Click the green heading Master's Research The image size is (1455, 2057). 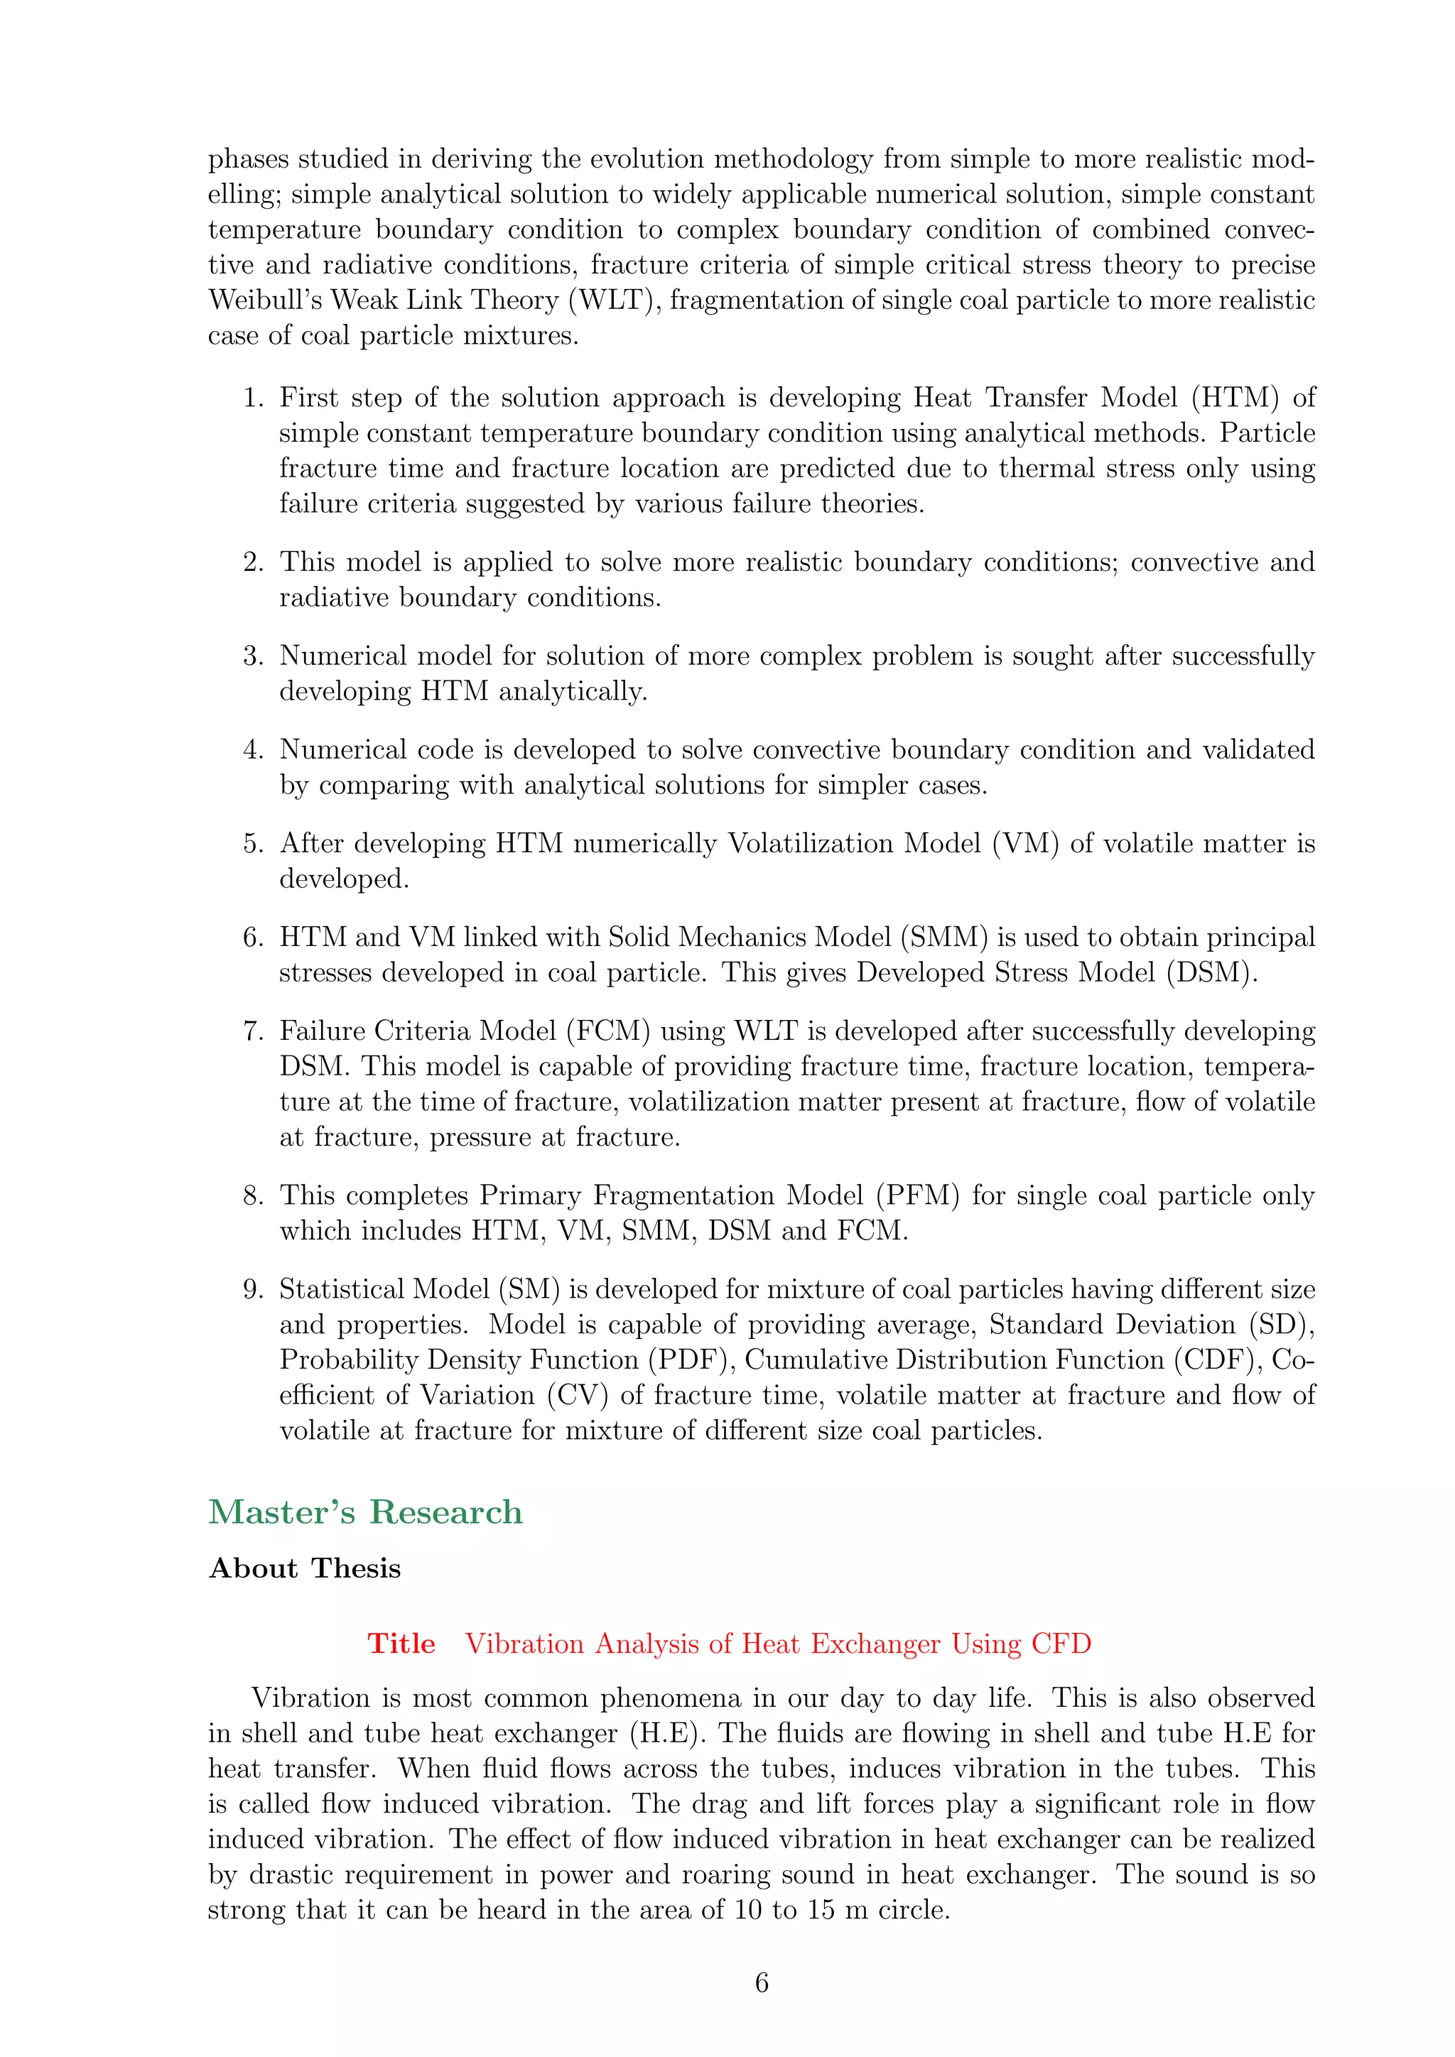366,1512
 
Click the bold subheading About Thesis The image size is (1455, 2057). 305,1569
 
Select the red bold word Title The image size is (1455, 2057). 401,1644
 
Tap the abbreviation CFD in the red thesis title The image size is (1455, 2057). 1061,1644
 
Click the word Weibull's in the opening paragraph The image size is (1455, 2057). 265,300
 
